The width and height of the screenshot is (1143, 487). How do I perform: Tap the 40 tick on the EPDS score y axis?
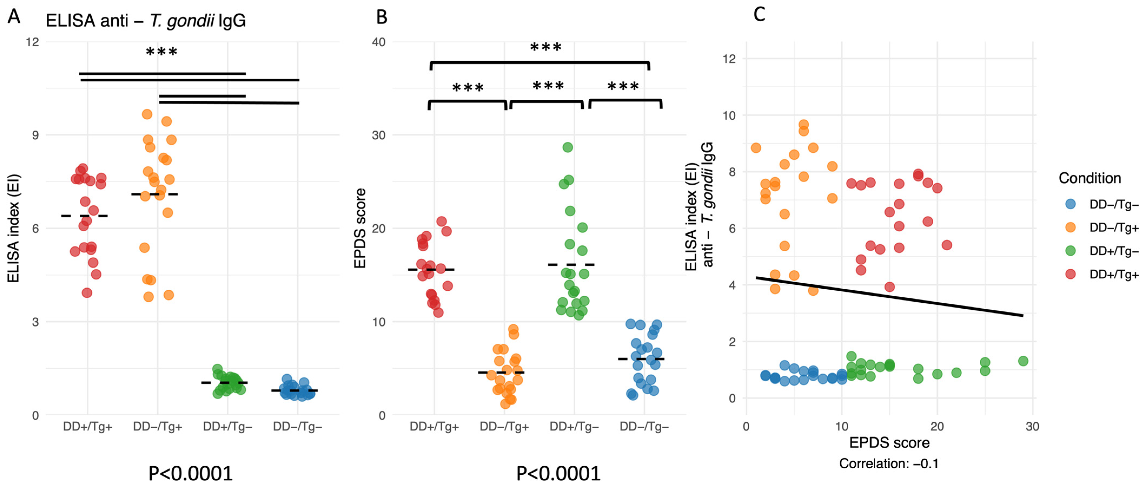378,42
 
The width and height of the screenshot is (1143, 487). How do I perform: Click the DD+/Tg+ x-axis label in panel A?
87,427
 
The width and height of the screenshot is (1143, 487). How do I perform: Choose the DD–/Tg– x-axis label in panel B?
644,427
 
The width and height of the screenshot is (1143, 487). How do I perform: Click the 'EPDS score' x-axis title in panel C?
889,443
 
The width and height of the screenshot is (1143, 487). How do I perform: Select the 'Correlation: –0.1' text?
889,463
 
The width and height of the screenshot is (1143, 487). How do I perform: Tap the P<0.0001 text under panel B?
558,474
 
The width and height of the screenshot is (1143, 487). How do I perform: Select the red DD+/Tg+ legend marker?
1071,274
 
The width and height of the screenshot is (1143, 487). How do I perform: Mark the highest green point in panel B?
567,147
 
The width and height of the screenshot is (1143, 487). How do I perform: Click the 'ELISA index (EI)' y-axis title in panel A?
13,228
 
